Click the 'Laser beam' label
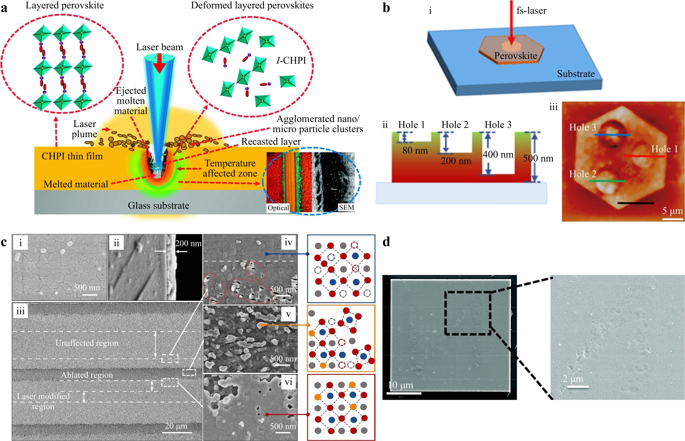pyautogui.click(x=159, y=47)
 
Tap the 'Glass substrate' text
pyautogui.click(x=158, y=205)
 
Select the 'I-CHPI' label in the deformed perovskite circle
pyautogui.click(x=291, y=61)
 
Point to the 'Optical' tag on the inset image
pyautogui.click(x=278, y=208)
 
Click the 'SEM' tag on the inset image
pyautogui.click(x=346, y=207)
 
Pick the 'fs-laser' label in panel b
pyautogui.click(x=531, y=11)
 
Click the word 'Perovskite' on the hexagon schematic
pyautogui.click(x=516, y=55)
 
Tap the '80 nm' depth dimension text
pyautogui.click(x=415, y=150)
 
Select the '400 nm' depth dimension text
pyautogui.click(x=498, y=154)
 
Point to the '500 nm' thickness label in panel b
pyautogui.click(x=538, y=158)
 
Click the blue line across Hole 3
pyautogui.click(x=612, y=134)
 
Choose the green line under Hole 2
pyautogui.click(x=607, y=181)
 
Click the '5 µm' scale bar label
pyautogui.click(x=672, y=211)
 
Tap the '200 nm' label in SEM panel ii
pyautogui.click(x=188, y=244)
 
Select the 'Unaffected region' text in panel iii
pyautogui.click(x=87, y=343)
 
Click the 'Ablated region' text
pyautogui.click(x=87, y=375)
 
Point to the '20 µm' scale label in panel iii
pyautogui.click(x=176, y=426)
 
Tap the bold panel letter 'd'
pyautogui.click(x=386, y=242)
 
